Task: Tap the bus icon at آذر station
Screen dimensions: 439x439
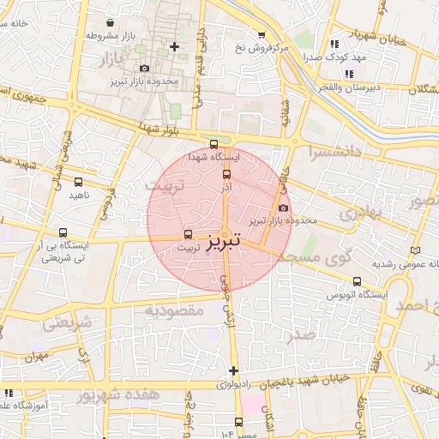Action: (226, 173)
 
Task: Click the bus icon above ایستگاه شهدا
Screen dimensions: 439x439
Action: (213, 144)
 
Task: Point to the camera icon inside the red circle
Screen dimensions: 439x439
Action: (284, 207)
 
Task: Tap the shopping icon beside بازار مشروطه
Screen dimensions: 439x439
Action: (111, 21)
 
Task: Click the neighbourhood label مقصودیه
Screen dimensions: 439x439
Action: (174, 310)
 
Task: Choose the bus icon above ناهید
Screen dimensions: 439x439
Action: (78, 182)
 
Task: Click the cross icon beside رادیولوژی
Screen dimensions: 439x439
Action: (233, 370)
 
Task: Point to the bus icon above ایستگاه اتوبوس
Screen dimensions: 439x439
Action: (357, 281)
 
